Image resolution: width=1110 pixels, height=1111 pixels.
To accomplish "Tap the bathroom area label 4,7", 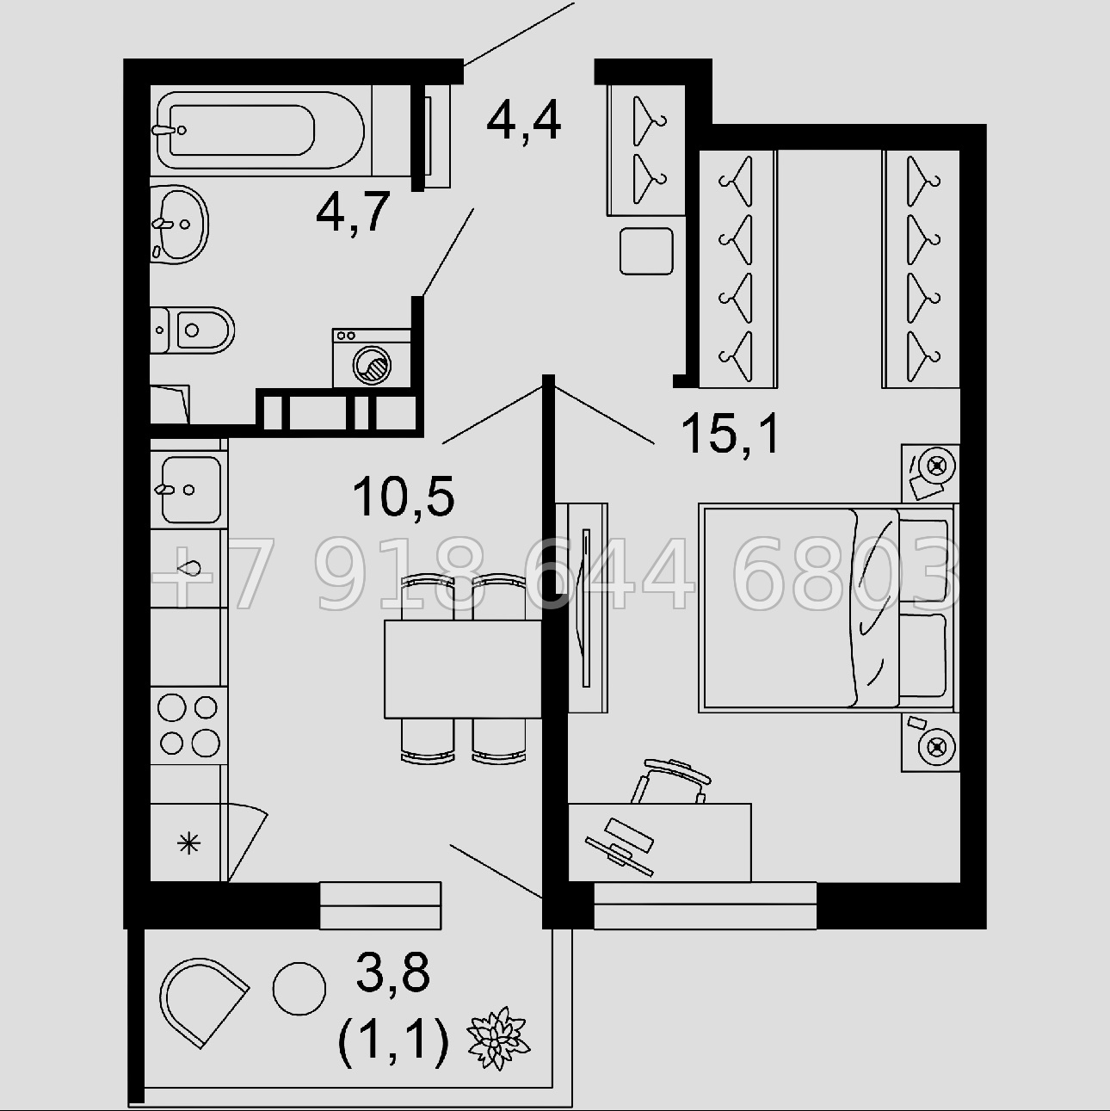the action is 353,213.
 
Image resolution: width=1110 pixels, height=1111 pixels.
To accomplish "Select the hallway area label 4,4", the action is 523,122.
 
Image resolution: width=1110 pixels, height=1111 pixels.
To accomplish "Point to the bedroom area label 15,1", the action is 730,435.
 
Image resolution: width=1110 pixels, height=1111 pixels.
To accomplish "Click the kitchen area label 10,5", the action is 404,496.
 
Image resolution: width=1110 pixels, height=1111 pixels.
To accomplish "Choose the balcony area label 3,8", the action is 393,972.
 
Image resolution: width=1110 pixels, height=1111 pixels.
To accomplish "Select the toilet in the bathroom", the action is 192,330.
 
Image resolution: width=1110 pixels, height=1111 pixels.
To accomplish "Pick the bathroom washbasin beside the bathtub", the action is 179,225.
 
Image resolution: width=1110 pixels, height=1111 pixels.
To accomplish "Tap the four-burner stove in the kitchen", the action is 189,725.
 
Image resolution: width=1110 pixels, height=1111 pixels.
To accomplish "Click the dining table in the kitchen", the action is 462,669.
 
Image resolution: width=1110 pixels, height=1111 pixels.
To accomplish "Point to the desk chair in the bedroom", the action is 671,781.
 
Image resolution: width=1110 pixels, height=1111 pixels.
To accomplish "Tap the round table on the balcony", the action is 299,989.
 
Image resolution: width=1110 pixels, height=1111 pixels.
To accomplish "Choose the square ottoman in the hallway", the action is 646,250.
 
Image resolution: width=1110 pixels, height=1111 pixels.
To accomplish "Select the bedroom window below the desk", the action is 706,905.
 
